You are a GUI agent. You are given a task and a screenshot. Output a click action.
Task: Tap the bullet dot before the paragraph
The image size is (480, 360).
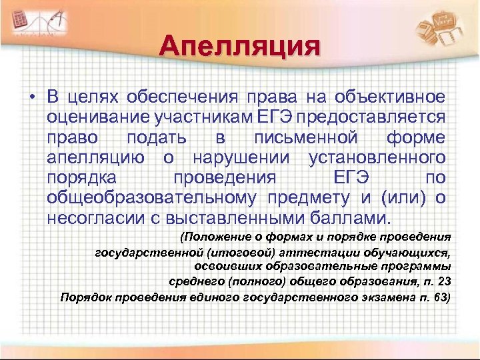pyautogui.click(x=31, y=97)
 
